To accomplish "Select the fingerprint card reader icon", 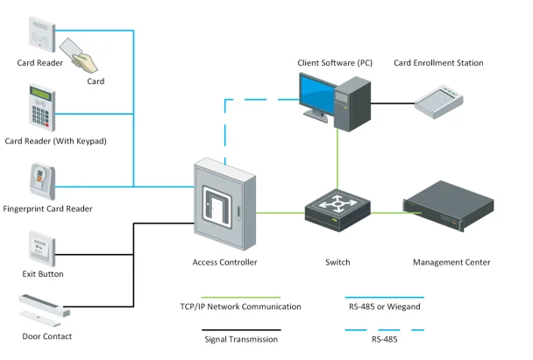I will tap(42, 182).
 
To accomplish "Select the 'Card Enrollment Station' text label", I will tap(438, 63).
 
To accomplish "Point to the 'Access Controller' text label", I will tap(224, 262).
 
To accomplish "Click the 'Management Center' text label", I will tap(451, 262).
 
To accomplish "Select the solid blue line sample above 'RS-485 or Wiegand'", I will tap(385, 298).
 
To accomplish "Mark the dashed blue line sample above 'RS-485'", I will tap(385, 330).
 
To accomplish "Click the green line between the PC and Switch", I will tap(338, 162).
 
